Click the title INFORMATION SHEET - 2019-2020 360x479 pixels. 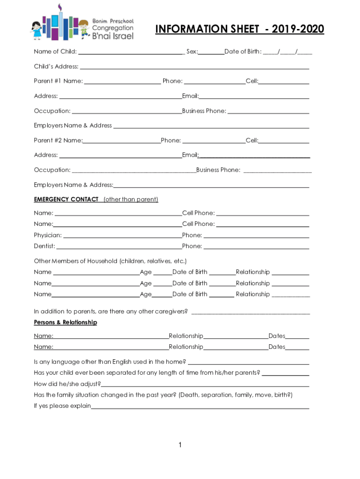coord(239,29)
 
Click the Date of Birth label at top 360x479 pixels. coord(243,51)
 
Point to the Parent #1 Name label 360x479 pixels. coord(58,81)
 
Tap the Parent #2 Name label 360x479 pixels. coord(58,140)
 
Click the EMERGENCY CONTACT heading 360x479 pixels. coord(66,199)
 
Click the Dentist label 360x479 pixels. coord(44,246)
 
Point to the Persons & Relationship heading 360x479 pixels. coord(65,322)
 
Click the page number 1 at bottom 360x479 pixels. coord(180,445)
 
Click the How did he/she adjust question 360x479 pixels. coord(67,384)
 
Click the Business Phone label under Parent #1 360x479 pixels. coord(204,111)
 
